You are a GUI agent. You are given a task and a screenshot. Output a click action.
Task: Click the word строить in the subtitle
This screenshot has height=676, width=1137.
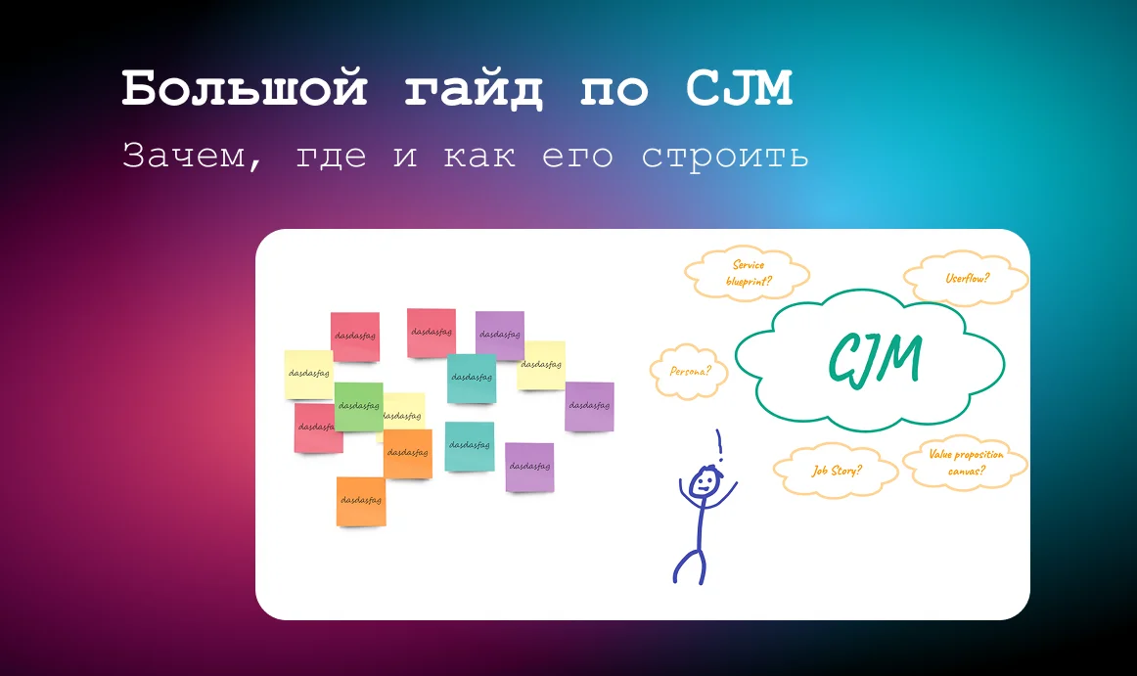[x=725, y=157]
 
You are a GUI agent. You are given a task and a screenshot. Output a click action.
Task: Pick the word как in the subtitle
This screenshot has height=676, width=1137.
[x=479, y=157]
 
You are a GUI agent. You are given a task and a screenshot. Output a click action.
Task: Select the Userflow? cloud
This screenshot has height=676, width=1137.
[x=967, y=278]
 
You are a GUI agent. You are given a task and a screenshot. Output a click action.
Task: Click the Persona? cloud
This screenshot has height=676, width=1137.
[x=690, y=372]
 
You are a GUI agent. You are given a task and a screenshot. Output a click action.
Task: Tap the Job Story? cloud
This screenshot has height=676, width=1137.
[x=837, y=471]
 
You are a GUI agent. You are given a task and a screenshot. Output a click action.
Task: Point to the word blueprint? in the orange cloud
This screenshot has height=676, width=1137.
[x=749, y=281]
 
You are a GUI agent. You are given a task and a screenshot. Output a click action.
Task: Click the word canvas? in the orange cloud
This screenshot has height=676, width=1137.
[x=964, y=472]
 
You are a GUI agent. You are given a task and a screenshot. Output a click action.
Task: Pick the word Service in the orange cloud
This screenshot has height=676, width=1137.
[x=749, y=264]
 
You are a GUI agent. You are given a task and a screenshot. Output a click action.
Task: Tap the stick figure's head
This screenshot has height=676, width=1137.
[x=704, y=481]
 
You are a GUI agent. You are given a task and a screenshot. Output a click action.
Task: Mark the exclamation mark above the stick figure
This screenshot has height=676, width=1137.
[x=719, y=445]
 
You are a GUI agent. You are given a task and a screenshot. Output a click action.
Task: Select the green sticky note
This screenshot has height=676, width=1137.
[x=359, y=406]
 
